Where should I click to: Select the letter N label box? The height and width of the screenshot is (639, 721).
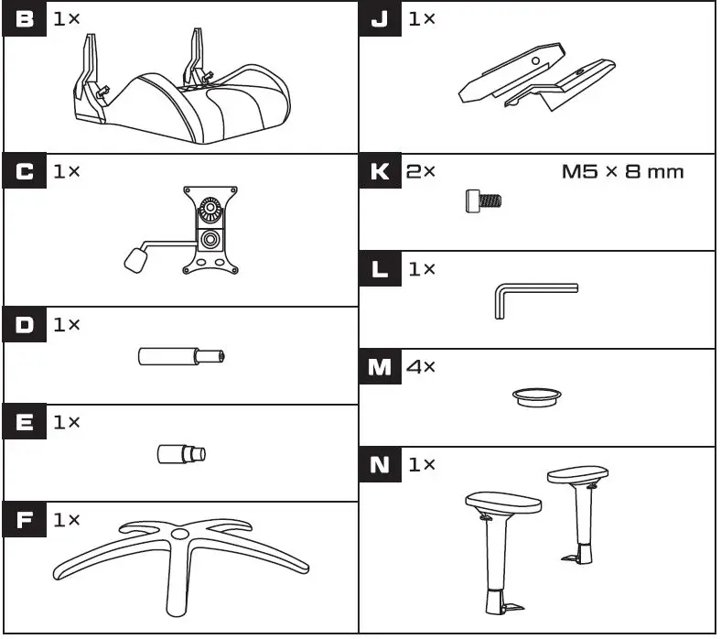pos(379,465)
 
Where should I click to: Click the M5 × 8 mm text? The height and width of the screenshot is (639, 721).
pos(622,172)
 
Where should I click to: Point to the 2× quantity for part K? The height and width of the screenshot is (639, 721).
pos(422,171)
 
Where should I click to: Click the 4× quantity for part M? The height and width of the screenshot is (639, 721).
pos(422,367)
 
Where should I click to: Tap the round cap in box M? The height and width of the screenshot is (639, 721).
pos(537,395)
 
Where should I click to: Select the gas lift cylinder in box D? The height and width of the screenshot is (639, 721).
pos(180,356)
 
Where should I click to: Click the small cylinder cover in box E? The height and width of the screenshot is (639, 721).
pos(181,452)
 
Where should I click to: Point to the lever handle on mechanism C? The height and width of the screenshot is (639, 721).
pos(134,259)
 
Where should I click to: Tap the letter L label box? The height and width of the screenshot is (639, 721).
pos(379,270)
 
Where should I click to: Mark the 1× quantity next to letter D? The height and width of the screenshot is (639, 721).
pos(67,325)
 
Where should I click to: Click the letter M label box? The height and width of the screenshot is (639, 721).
pos(379,367)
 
